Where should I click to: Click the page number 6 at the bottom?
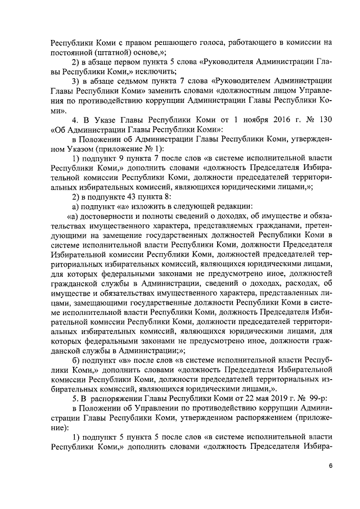(x=331, y=466)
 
